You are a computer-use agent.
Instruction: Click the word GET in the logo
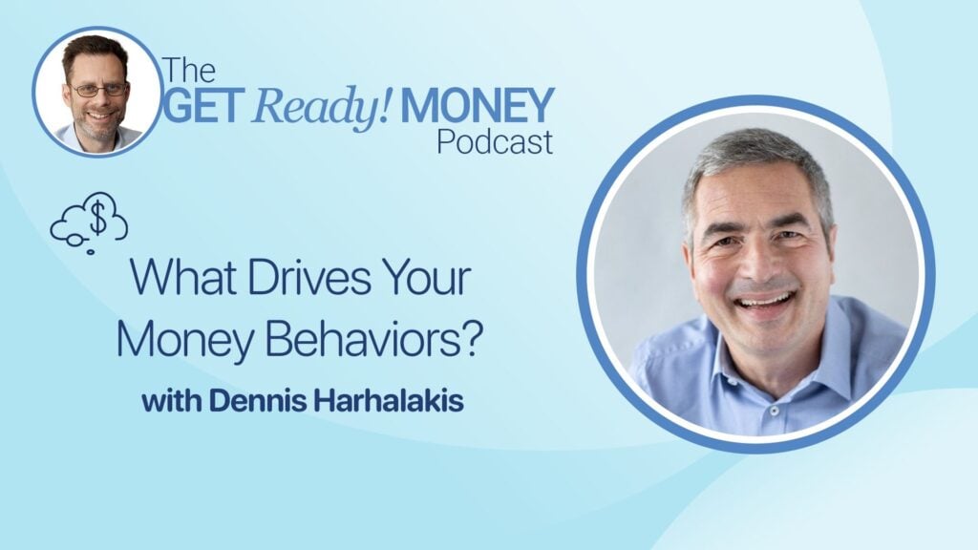tap(202, 105)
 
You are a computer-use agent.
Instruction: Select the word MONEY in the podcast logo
tap(478, 105)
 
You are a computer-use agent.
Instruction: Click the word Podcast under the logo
tap(495, 141)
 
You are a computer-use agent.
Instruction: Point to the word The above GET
tap(189, 71)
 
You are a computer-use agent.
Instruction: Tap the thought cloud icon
tap(89, 222)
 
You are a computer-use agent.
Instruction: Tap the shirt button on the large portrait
tap(774, 411)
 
